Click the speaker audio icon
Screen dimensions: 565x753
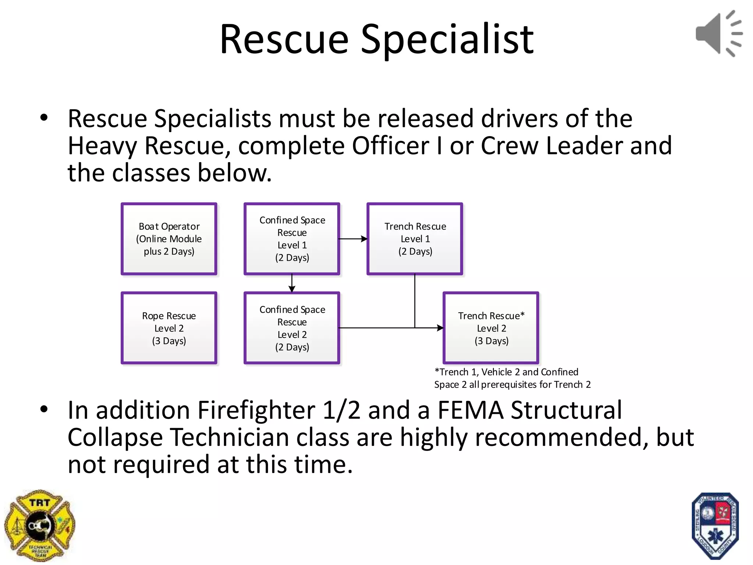click(x=718, y=33)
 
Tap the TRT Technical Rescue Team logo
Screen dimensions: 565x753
click(x=40, y=525)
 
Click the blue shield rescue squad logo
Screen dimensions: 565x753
click(x=715, y=526)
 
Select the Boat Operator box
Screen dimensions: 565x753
click(x=169, y=239)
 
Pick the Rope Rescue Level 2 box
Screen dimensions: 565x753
click(x=169, y=328)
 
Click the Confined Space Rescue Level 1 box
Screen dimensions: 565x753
click(x=292, y=239)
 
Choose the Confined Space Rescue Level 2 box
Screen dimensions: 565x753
click(x=292, y=328)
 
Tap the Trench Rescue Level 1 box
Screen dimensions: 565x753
click(x=415, y=239)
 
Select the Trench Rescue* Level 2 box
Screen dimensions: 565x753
click(x=491, y=328)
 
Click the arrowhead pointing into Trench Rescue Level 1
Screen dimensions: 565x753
click(x=364, y=239)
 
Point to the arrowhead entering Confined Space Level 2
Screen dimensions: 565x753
click(x=292, y=289)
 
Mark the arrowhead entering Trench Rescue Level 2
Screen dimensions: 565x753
click(x=440, y=328)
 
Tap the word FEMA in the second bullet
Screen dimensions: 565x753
click(x=470, y=410)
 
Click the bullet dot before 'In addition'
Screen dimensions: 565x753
click(x=44, y=409)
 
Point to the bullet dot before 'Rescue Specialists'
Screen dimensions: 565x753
click(x=44, y=118)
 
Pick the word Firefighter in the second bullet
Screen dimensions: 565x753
click(x=256, y=410)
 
